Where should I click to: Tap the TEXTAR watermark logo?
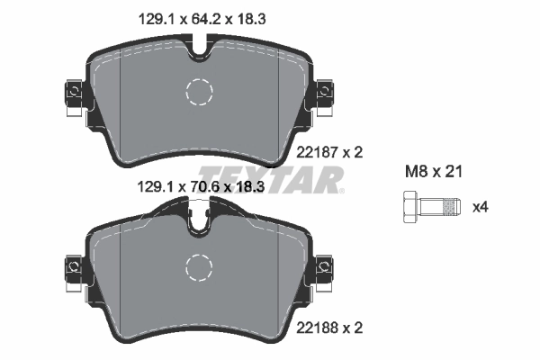click(x=270, y=177)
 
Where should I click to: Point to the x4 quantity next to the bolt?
click(x=481, y=207)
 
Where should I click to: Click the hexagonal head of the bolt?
click(x=405, y=207)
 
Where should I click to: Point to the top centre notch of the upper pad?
click(x=200, y=47)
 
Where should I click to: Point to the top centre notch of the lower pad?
click(x=200, y=220)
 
